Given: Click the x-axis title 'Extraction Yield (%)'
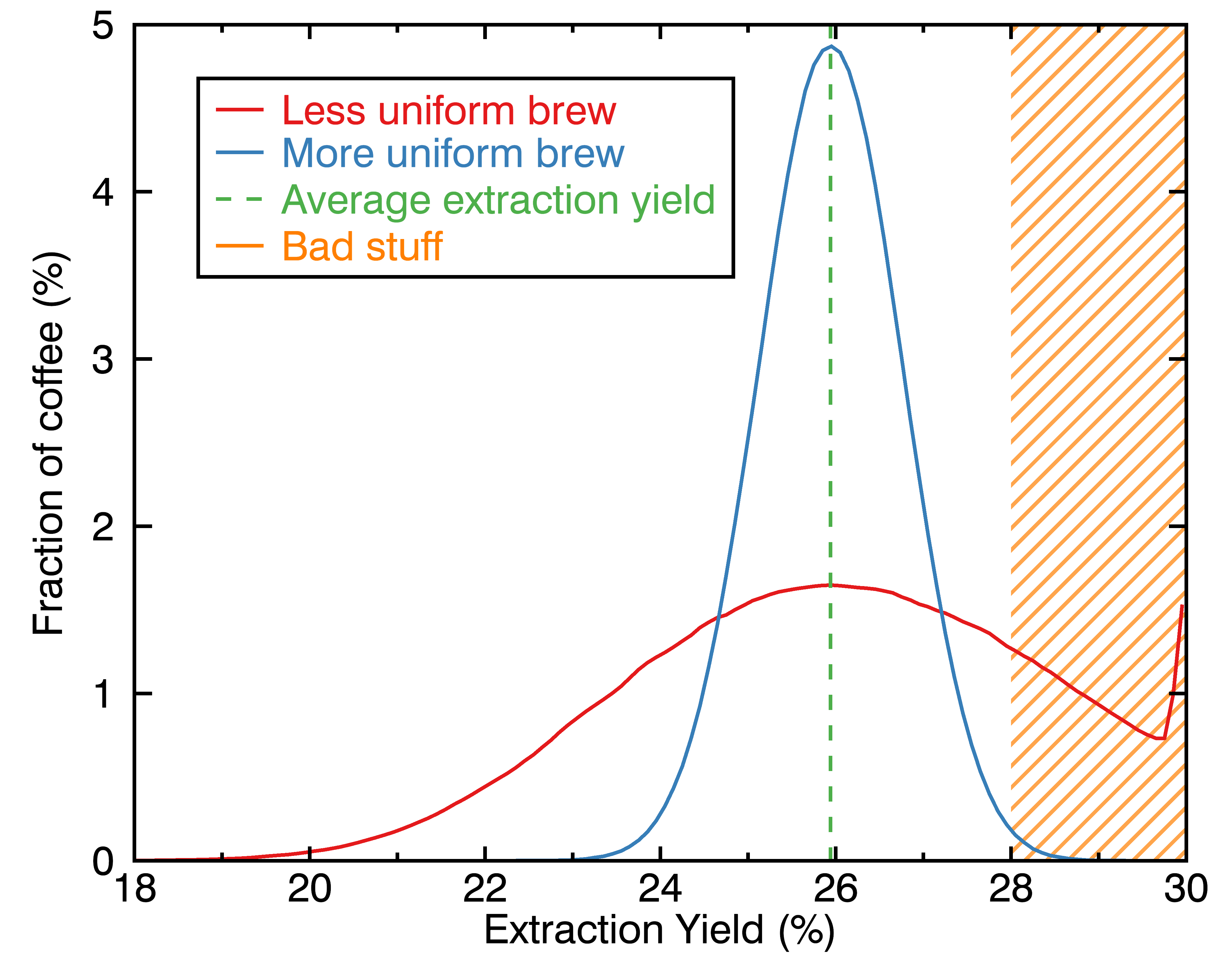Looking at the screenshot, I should pos(659,930).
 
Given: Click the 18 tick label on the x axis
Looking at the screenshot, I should pos(135,889).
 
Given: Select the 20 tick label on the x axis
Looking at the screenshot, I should pos(310,889).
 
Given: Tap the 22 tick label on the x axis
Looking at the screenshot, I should pos(485,889).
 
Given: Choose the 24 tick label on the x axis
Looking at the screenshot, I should pos(660,889).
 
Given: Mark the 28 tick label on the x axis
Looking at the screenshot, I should pos(1011,889).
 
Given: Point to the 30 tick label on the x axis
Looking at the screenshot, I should pos(1185,889).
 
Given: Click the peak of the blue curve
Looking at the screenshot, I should pos(831,46).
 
